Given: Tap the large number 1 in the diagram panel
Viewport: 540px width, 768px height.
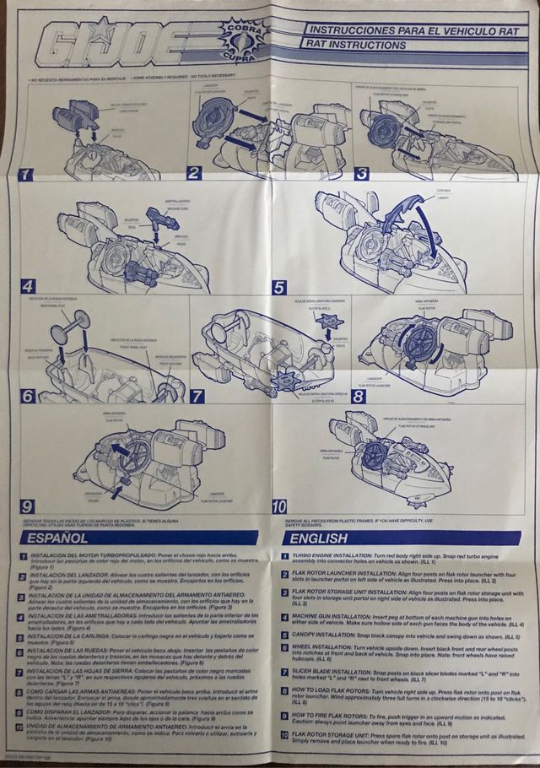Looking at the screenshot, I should click(x=28, y=175).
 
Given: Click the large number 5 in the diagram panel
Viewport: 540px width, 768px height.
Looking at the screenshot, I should click(x=279, y=287).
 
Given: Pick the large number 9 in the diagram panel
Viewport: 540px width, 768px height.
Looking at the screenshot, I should click(x=28, y=506).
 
